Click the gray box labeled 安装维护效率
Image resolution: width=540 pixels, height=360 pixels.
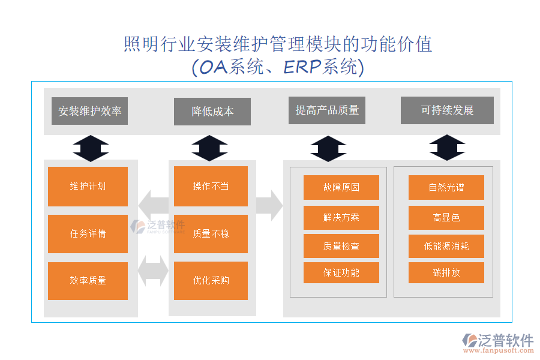(89, 111)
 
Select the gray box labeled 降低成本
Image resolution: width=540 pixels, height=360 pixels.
(212, 112)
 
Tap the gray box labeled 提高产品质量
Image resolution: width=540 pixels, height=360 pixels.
(327, 110)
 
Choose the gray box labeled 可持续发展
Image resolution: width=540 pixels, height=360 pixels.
(447, 110)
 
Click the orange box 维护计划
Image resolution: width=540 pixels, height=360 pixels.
(88, 186)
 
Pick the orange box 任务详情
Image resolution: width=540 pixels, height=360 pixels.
(88, 233)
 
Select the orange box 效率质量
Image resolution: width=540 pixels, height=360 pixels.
(88, 280)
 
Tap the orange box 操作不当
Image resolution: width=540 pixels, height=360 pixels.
(211, 186)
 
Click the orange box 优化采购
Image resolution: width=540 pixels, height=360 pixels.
(211, 280)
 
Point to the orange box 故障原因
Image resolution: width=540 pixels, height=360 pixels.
(341, 187)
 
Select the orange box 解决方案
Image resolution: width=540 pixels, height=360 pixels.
(341, 217)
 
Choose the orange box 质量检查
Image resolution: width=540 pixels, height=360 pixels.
(341, 246)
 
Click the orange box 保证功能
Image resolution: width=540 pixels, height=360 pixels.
(341, 272)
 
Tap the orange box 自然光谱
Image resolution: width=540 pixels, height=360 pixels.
(446, 187)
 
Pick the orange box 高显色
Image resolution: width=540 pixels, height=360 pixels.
(446, 217)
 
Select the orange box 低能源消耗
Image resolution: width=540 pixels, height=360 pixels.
(446, 246)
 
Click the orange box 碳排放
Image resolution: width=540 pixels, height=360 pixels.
(446, 272)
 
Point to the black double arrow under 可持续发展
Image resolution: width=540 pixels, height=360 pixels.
(447, 148)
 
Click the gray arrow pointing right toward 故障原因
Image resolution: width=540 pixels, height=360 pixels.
(269, 205)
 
